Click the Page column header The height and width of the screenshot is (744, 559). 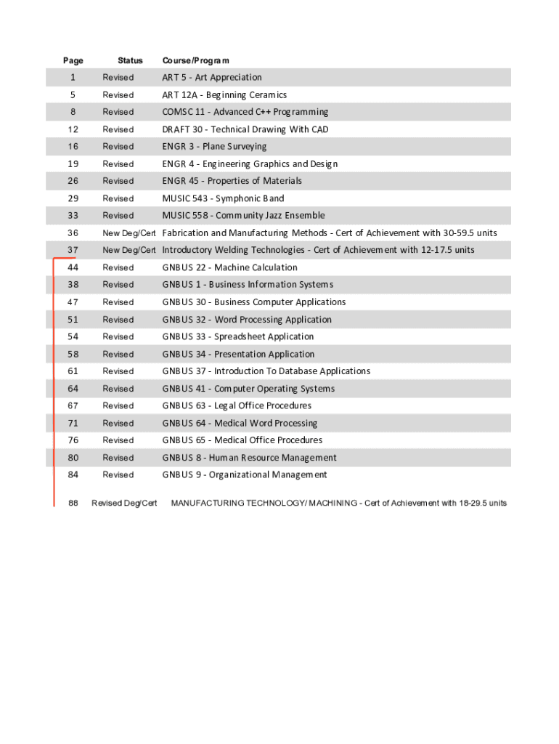[73, 60]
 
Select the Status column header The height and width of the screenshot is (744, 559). [130, 60]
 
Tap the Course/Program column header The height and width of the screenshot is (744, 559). [195, 60]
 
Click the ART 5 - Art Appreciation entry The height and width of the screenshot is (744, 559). [211, 78]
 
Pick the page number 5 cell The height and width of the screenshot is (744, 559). [73, 95]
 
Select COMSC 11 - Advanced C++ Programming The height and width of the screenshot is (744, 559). [245, 112]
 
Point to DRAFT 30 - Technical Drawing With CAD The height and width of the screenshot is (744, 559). [245, 129]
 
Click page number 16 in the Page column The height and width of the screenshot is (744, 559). [73, 147]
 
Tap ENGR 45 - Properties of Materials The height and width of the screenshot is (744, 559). [232, 181]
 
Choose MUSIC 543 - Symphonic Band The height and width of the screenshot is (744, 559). [223, 198]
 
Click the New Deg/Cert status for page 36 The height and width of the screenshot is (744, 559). [129, 233]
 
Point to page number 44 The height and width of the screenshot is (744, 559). [73, 267]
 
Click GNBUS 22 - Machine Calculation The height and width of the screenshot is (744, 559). [229, 267]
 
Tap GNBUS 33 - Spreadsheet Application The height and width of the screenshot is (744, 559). [237, 336]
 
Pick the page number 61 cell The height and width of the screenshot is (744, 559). [73, 371]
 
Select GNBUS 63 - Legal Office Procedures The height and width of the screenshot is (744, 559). [237, 405]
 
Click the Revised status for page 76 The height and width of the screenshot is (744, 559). [118, 440]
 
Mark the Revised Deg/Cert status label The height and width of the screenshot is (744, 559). [124, 504]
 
